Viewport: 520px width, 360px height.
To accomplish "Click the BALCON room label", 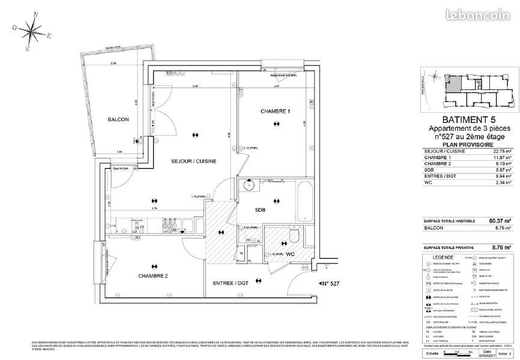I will (118, 119).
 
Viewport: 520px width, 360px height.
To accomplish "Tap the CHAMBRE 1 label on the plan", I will (275, 112).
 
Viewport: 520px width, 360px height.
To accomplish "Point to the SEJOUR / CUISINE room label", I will (193, 161).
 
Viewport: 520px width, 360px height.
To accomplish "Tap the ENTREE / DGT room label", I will (231, 283).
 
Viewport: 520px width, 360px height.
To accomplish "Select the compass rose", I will (32, 28).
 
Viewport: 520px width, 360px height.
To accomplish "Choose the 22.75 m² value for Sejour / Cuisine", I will (500, 151).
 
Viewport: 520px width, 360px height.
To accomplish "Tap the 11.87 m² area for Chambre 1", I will (500, 158).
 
